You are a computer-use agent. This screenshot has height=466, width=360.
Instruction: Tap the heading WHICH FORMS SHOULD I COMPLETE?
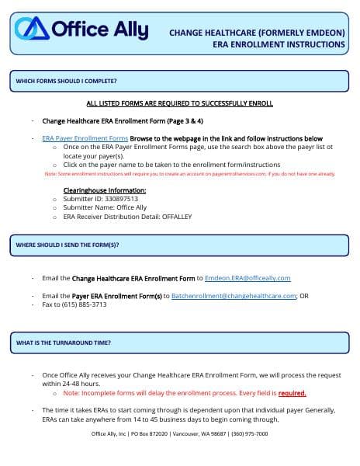point(67,81)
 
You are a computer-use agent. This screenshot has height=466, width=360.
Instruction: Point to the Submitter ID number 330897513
point(122,199)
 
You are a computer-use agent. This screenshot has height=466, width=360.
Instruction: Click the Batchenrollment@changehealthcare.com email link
point(234,296)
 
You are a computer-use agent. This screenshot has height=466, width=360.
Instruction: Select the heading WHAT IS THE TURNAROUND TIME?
point(64,343)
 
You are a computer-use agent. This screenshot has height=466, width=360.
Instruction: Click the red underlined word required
point(292,393)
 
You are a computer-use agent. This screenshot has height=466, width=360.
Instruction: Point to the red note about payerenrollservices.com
point(190,174)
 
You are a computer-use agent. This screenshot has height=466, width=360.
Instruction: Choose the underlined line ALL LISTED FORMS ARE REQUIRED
point(180,103)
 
